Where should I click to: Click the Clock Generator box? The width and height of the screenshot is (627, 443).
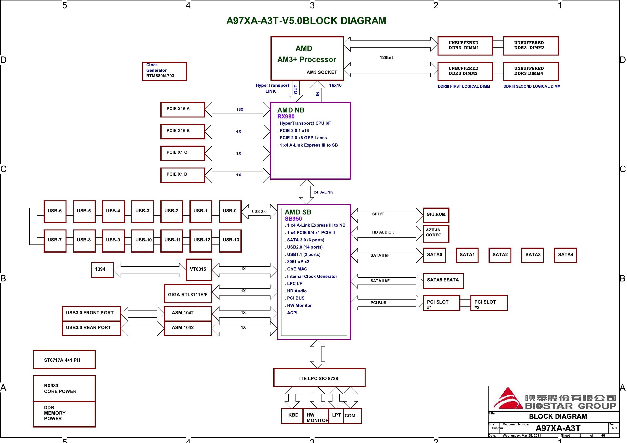click(164, 71)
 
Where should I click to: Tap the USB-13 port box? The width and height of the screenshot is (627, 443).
click(230, 241)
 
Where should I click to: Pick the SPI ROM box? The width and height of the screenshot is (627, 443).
click(436, 215)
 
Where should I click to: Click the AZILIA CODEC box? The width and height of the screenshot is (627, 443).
click(436, 234)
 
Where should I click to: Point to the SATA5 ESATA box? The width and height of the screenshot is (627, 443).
click(443, 281)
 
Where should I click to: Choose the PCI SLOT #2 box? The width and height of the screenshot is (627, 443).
click(489, 303)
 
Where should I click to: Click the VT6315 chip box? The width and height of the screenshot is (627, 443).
click(199, 270)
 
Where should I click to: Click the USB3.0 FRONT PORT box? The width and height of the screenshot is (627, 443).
click(92, 314)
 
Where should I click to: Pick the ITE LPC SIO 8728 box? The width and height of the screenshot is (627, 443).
click(320, 378)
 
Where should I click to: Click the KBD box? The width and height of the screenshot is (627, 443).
click(292, 416)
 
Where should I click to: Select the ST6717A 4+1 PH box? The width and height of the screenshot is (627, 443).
click(64, 359)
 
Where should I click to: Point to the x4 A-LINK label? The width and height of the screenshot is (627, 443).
click(323, 192)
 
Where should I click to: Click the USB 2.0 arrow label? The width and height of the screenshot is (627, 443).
click(259, 211)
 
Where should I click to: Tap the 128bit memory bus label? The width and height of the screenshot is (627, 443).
click(386, 57)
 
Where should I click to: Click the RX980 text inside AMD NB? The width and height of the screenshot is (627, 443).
click(286, 116)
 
